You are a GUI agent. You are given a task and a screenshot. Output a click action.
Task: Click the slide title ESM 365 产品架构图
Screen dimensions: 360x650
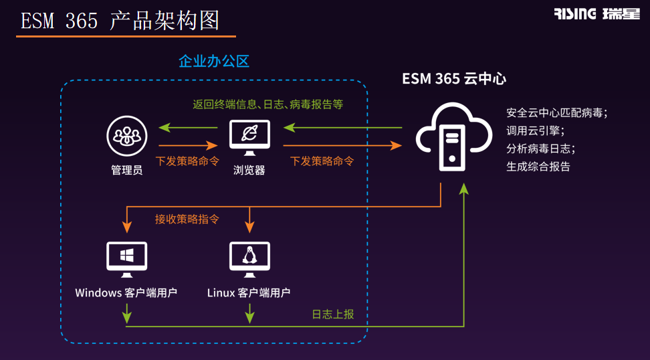[120, 21]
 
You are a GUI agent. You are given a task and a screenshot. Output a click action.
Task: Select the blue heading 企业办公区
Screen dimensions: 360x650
[213, 62]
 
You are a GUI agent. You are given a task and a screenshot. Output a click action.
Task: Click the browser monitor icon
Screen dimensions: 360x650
[249, 137]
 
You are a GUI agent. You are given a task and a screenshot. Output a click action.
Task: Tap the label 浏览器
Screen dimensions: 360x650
[249, 170]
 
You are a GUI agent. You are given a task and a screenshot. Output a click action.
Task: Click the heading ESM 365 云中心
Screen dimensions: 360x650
[454, 78]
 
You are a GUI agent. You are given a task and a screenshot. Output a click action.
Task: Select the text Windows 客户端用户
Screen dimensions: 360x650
[126, 292]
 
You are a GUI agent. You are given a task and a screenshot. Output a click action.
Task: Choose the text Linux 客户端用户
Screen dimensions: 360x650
[249, 292]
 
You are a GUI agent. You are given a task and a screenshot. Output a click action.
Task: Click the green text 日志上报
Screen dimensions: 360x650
[332, 314]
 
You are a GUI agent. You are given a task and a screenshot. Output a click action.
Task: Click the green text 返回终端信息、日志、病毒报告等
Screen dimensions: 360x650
[267, 104]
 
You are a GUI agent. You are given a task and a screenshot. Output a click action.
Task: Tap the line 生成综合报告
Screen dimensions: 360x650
[538, 167]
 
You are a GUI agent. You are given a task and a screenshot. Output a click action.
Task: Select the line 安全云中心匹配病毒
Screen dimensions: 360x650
[556, 112]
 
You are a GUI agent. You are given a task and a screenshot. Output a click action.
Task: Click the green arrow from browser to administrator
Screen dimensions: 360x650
[188, 127]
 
